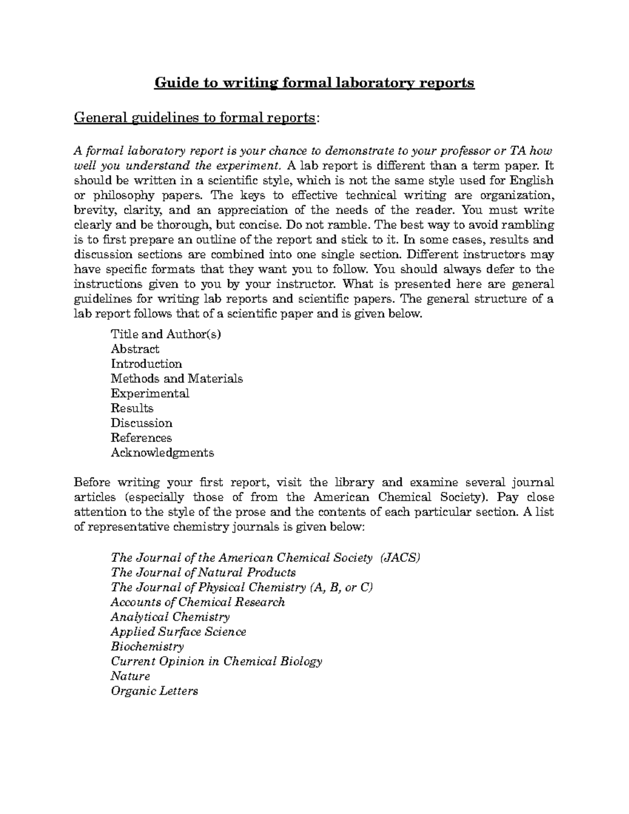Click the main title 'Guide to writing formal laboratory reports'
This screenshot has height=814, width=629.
(314, 83)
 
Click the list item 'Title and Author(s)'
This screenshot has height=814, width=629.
(166, 334)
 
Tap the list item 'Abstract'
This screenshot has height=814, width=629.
(135, 349)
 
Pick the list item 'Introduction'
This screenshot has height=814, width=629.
(146, 364)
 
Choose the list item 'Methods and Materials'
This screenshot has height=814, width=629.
(177, 378)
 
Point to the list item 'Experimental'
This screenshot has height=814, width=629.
(150, 393)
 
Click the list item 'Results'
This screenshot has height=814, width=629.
(132, 408)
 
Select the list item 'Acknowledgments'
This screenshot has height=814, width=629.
(162, 452)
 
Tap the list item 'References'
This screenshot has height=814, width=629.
(141, 438)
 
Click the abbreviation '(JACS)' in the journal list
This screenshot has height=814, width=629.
(400, 558)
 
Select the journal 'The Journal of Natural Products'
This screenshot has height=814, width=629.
(203, 572)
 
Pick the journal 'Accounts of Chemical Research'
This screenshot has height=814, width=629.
(198, 602)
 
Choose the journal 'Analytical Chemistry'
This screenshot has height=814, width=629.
(170, 617)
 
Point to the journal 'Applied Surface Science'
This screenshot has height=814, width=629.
(178, 632)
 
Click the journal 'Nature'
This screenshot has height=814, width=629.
(131, 676)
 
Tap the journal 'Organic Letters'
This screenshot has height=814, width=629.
(154, 691)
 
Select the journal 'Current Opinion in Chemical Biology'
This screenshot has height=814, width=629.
(216, 661)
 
